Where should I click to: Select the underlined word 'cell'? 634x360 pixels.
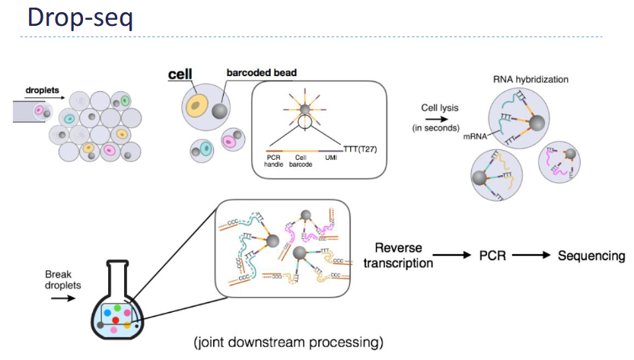(180, 74)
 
